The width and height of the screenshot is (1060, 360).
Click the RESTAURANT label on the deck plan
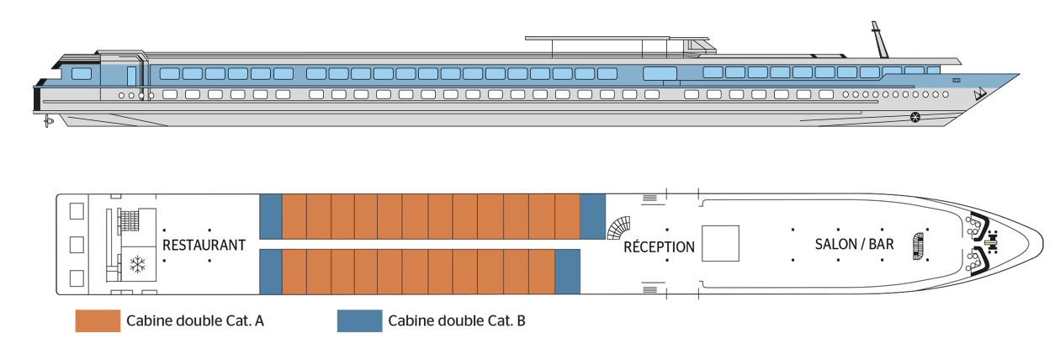(204, 245)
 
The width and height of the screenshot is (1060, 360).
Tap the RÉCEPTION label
(659, 246)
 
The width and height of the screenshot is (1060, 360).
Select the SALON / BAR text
(854, 244)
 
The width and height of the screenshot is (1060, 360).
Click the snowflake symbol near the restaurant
(138, 265)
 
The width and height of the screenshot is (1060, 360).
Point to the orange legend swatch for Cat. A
(98, 320)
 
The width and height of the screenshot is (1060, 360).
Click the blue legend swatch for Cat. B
(360, 320)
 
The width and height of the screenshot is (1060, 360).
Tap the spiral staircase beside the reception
(618, 228)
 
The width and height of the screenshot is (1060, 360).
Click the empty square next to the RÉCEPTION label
(720, 243)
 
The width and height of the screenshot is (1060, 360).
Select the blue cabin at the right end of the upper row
(592, 216)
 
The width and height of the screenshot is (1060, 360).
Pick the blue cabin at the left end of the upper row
(271, 216)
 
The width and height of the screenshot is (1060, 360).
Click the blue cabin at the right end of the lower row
(567, 272)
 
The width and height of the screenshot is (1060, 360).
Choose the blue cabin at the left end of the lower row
(271, 272)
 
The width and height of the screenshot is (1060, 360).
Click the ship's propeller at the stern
(47, 121)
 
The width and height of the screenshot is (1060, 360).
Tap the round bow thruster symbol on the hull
(915, 117)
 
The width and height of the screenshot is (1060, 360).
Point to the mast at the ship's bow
(880, 40)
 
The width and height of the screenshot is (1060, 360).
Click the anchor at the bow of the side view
(980, 94)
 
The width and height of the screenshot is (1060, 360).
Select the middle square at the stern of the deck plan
(77, 245)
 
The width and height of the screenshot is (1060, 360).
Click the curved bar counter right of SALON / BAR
(918, 246)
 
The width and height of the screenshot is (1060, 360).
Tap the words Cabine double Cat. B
(457, 320)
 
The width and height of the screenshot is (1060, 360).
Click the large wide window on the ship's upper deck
(660, 73)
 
